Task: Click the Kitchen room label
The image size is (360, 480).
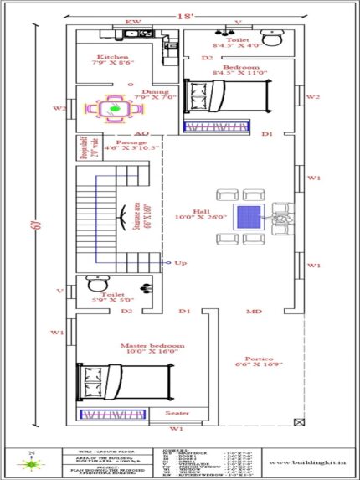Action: coord(110,58)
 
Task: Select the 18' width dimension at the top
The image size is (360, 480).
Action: coord(180,15)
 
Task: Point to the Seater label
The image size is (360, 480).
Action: coord(177,413)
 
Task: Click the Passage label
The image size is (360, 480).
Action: coord(131,142)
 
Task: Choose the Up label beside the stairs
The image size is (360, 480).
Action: coord(178,263)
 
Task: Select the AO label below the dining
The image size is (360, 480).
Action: coord(141,133)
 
